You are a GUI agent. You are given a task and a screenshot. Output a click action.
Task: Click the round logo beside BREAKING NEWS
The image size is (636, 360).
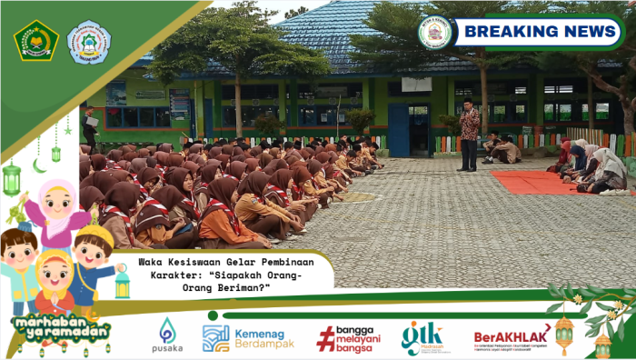[434, 32]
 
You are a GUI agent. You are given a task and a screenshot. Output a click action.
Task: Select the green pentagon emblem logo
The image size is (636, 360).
[36, 40]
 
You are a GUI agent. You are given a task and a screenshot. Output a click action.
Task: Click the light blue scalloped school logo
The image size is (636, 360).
[89, 42]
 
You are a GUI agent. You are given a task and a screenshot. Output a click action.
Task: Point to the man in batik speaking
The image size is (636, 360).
[468, 134]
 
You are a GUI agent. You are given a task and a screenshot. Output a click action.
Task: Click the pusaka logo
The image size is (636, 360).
[168, 335]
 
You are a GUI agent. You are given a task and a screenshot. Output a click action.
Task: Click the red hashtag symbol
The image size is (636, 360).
[324, 339]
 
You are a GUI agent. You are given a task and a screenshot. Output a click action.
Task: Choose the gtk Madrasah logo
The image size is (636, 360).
[422, 337]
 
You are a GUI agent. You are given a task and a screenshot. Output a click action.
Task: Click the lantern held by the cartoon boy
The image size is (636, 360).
[122, 284]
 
